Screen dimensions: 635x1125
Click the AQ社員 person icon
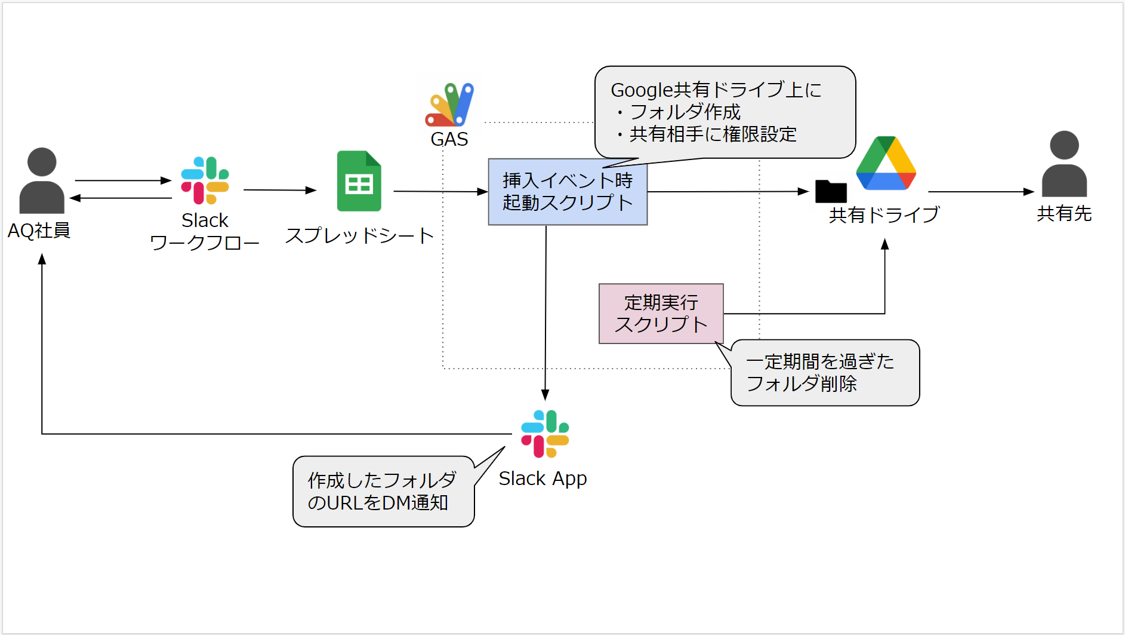[x=42, y=181]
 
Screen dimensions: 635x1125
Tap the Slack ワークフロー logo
[x=205, y=180]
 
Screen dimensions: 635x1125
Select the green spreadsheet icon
[x=359, y=181]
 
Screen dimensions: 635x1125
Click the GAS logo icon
[x=450, y=105]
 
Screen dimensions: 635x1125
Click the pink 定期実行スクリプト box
[x=661, y=314]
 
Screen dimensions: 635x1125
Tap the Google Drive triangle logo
[x=886, y=164]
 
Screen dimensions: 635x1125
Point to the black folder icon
[x=831, y=191]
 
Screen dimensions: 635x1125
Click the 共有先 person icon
[x=1064, y=164]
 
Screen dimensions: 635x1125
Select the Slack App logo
[x=545, y=434]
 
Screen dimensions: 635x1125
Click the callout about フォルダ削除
[x=825, y=373]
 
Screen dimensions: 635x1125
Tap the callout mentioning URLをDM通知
[x=383, y=492]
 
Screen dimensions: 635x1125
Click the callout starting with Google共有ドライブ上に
[x=725, y=112]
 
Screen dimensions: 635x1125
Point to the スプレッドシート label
[x=359, y=235]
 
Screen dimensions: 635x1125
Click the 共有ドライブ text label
[x=884, y=214]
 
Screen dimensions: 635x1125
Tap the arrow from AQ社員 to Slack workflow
[x=123, y=180]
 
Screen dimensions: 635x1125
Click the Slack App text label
[x=543, y=478]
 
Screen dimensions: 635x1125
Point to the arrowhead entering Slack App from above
[x=545, y=394]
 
